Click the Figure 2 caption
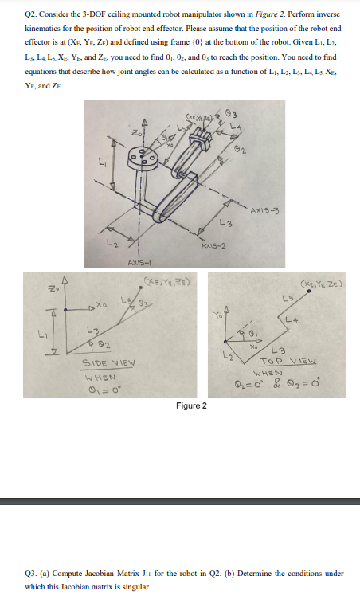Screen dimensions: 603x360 [x=192, y=406]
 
